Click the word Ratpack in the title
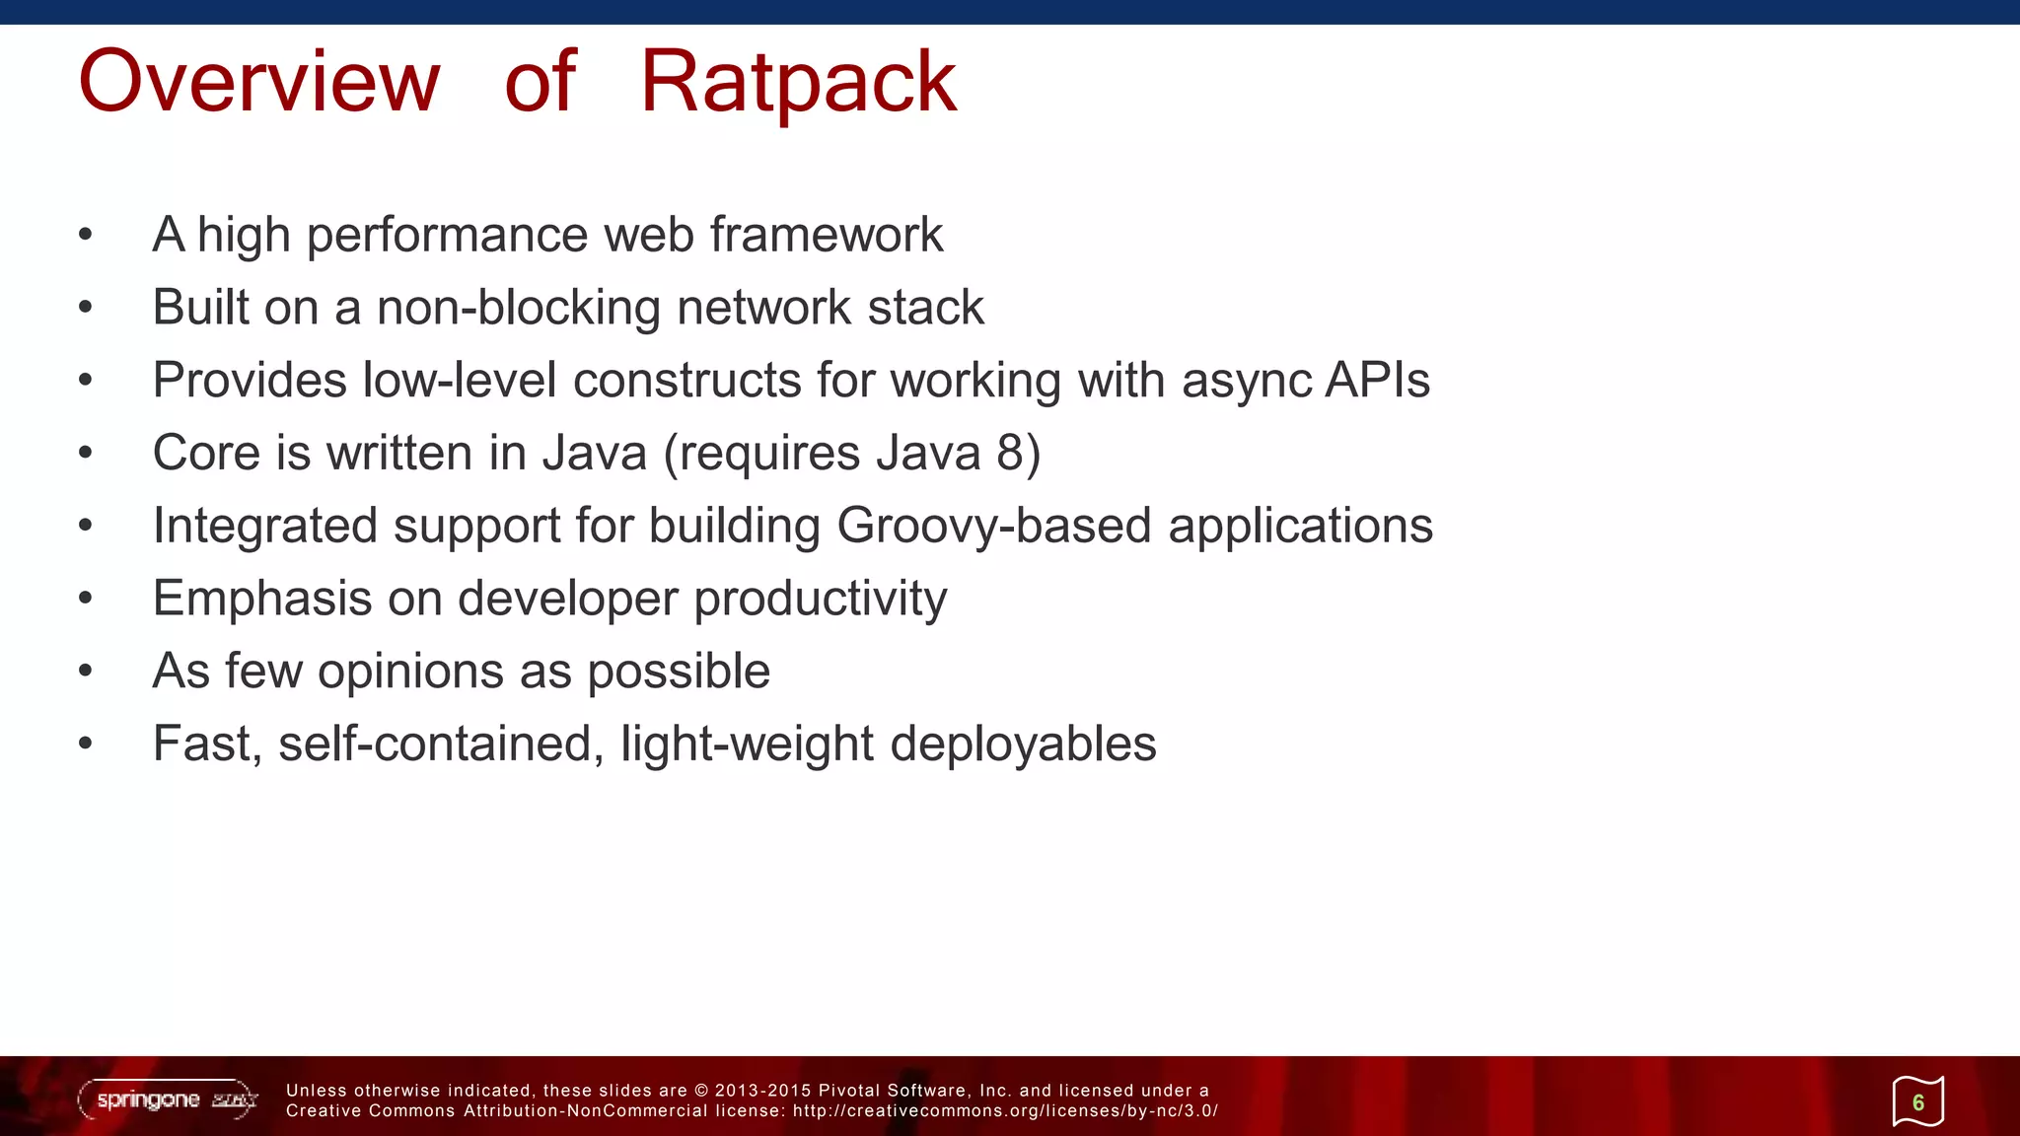[x=798, y=83]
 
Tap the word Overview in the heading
[x=258, y=83]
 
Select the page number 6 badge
[x=1917, y=1101]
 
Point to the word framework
[x=826, y=236]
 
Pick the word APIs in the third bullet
[x=1377, y=381]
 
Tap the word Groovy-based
[x=994, y=526]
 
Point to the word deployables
[x=1023, y=745]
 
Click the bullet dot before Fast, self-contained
[x=86, y=745]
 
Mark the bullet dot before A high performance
[x=86, y=236]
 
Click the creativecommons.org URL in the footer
[x=1005, y=1111]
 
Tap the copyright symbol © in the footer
[x=701, y=1091]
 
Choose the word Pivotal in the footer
[x=849, y=1091]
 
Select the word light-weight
[x=747, y=745]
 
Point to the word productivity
[x=820, y=600]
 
